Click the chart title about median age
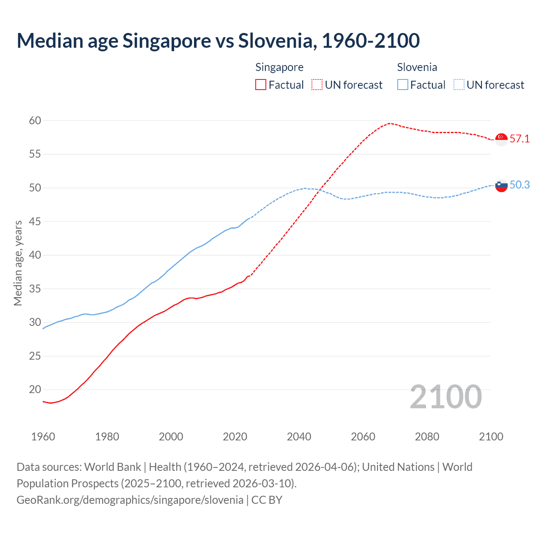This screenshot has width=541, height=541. pos(218,41)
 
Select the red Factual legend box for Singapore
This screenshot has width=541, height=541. pos(261,85)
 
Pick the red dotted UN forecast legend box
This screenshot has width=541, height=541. pos(317,85)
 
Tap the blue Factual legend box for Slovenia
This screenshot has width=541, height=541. pos(403,85)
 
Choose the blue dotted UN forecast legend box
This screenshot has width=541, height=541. pos(459,85)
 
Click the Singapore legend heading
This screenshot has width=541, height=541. pos(279,67)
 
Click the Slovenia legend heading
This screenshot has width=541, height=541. pos(417,67)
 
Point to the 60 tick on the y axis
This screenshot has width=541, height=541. pos(35,121)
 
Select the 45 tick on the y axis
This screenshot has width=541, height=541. pos(35,221)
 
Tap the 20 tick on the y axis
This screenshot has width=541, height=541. pos(35,390)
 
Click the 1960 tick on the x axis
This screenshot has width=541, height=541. pos(43,437)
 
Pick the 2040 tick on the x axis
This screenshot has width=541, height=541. pos(299,437)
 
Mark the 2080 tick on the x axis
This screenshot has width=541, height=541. pos(427,437)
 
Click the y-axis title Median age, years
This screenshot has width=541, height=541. pos(18,263)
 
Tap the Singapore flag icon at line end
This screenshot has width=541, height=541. pos(501,139)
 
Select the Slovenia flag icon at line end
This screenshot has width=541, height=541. pos(501,185)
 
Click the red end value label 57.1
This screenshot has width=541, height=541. pos(519,139)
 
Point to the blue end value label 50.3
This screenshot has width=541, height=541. pos(519,185)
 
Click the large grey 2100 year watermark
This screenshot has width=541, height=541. pos(446,397)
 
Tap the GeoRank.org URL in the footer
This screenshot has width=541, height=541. pos(130,500)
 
